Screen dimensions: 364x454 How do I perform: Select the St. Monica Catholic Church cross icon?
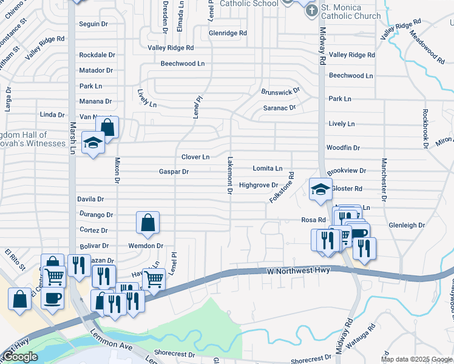311,11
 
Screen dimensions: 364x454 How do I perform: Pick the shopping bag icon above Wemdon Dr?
147,223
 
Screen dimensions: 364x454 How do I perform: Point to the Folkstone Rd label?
282,187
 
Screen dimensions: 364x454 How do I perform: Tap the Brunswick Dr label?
280,92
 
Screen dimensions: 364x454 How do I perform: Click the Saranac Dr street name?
279,108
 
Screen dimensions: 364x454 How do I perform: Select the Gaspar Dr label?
174,172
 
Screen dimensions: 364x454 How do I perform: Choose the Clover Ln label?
195,157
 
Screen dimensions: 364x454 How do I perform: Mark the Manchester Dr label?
384,180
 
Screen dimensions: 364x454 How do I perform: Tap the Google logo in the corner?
20,357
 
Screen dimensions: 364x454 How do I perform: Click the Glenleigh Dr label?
406,225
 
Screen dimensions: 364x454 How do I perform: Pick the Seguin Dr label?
93,24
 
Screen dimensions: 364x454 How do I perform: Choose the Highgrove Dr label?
258,185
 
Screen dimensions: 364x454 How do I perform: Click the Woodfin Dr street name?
343,147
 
